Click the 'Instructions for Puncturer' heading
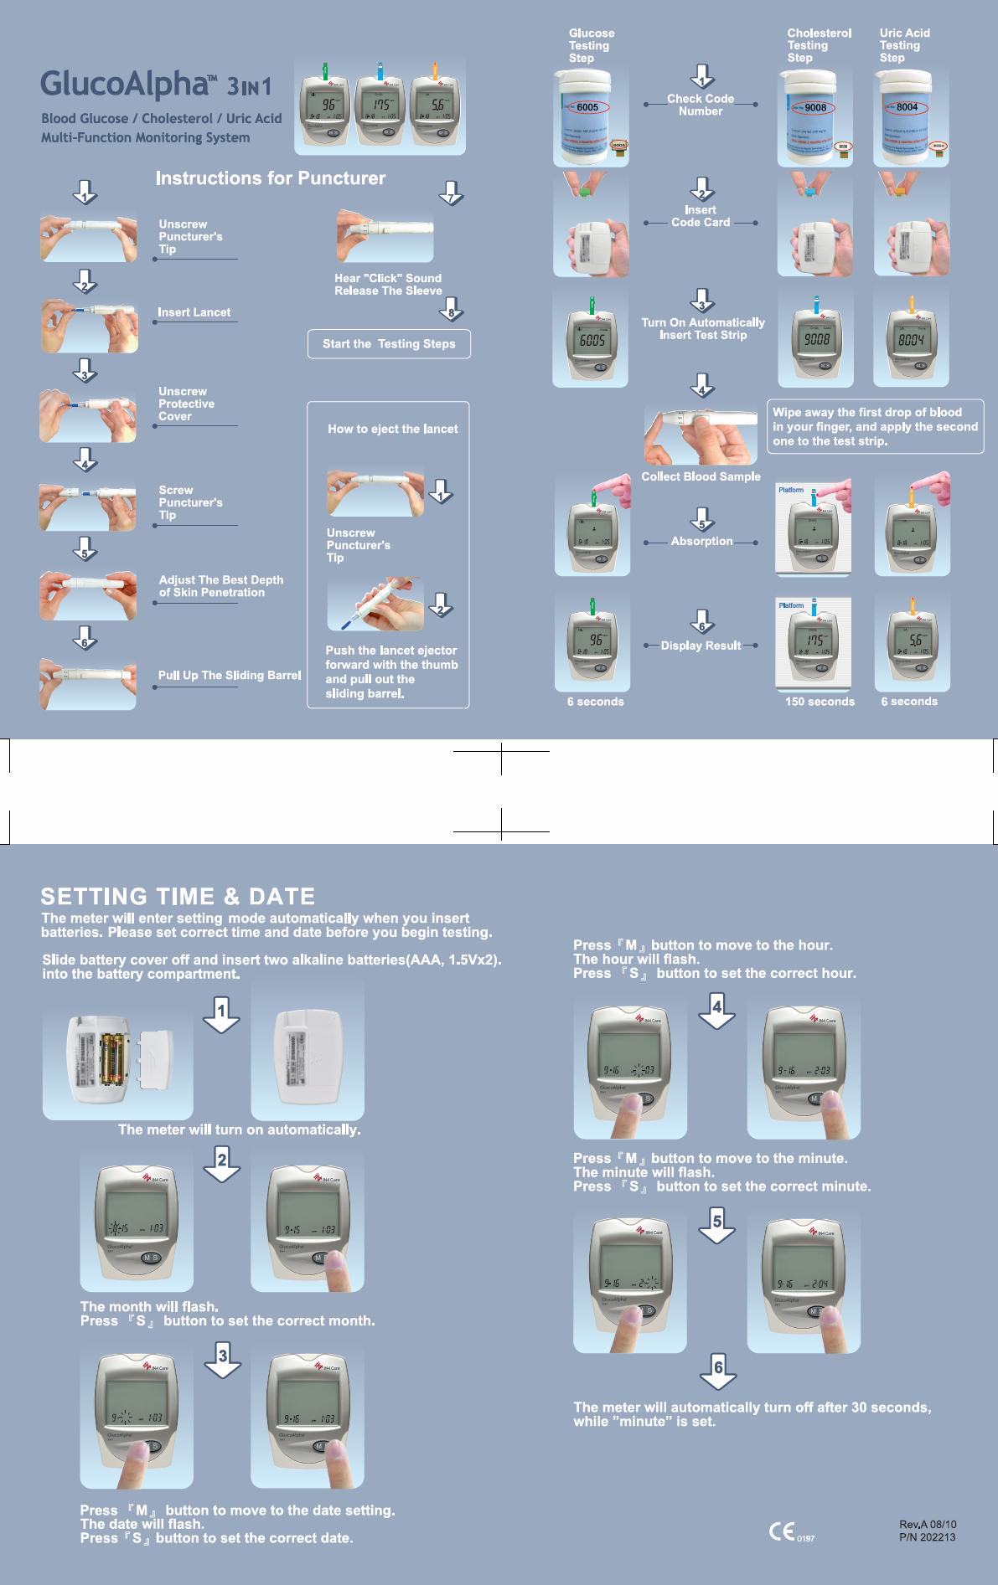271,178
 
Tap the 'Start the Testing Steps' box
389,344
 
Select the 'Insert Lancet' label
194,312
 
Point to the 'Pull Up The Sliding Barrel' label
230,675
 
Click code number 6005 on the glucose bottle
587,108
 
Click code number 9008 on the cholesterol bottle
815,108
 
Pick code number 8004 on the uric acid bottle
908,108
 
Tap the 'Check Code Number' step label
701,105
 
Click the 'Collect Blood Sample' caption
701,476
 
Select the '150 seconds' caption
820,702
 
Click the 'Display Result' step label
701,646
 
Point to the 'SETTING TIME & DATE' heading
178,897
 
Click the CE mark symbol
781,1532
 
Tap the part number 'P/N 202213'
927,1537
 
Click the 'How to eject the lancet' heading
392,429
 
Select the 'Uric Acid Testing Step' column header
904,45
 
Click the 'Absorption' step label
701,542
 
